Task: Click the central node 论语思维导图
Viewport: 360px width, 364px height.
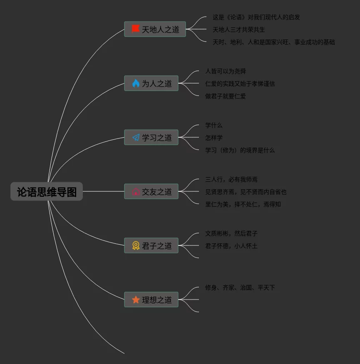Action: [x=47, y=192]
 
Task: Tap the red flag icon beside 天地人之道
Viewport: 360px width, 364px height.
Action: [x=136, y=29]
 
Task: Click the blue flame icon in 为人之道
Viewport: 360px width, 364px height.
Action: [x=136, y=83]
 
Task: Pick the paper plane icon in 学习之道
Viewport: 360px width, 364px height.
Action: [x=136, y=137]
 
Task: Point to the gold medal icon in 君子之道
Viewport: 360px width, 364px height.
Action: [x=136, y=245]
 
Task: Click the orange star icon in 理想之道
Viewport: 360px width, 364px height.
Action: [x=136, y=300]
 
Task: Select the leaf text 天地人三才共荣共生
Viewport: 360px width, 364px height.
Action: [x=238, y=30]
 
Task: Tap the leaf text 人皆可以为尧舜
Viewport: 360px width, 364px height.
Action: [x=225, y=71]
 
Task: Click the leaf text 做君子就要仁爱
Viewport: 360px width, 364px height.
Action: [x=225, y=96]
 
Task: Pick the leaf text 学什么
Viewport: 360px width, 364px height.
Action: [x=214, y=125]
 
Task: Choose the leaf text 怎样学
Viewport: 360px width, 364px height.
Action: [x=214, y=138]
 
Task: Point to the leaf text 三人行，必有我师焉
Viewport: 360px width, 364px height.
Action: [x=231, y=179]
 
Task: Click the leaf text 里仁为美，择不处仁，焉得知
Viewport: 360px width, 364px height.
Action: [x=243, y=204]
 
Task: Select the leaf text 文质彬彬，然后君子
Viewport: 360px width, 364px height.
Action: [x=231, y=233]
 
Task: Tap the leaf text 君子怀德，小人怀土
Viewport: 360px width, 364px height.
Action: [x=231, y=246]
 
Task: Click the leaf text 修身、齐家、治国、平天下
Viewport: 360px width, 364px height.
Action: [x=240, y=287]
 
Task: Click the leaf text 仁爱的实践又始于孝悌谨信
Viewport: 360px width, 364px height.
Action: [x=240, y=84]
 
